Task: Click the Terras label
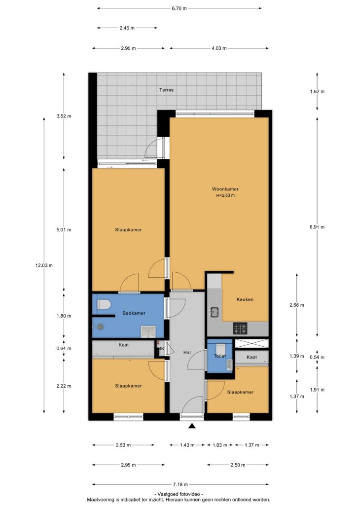click(x=166, y=90)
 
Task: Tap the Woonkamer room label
click(x=225, y=189)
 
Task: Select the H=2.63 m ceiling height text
click(x=225, y=195)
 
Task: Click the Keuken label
click(x=245, y=299)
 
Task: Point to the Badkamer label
click(x=134, y=313)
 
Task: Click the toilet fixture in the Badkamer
click(x=104, y=304)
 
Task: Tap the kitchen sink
click(x=215, y=312)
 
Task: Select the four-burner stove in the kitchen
click(x=241, y=328)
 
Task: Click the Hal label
click(x=187, y=352)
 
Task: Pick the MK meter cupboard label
click(x=161, y=349)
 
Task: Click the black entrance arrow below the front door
click(x=192, y=426)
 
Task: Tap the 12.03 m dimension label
click(x=44, y=265)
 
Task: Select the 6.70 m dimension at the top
click(x=179, y=8)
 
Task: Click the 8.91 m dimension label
click(x=317, y=227)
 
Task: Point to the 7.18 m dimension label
click(x=180, y=485)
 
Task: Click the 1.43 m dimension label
click(x=187, y=445)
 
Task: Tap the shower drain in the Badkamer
click(x=101, y=327)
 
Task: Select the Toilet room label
click(x=220, y=356)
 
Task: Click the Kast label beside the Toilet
click(x=252, y=357)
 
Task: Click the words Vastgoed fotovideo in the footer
click(x=180, y=494)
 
